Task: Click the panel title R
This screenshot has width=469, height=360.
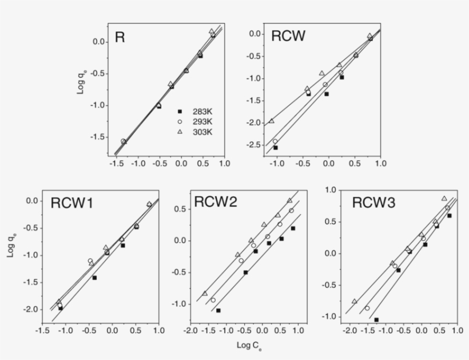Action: pos(120,38)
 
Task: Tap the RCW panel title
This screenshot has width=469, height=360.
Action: pos(288,37)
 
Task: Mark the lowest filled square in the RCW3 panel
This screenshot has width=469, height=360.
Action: pos(376,320)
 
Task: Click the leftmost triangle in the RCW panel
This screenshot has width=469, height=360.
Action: pos(271,121)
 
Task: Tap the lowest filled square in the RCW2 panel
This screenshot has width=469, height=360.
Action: pos(218,310)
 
